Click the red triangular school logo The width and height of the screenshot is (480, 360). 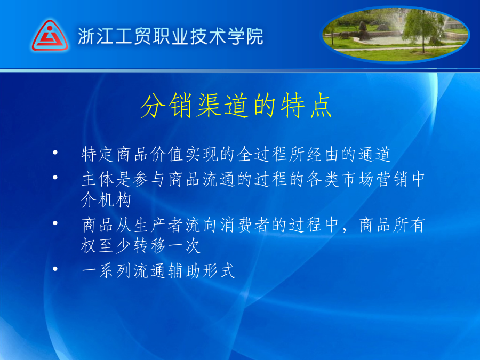[50, 36]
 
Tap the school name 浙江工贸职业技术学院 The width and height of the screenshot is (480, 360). [171, 36]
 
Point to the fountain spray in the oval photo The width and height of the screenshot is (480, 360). [390, 23]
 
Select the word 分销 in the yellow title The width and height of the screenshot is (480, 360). [169, 106]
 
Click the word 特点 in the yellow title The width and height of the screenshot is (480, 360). [306, 106]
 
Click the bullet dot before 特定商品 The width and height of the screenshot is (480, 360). [55, 152]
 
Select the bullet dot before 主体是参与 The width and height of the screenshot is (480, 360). [55, 177]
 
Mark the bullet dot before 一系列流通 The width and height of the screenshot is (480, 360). [55, 269]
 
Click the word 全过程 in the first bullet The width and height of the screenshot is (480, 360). [262, 154]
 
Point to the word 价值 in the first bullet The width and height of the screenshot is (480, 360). [167, 154]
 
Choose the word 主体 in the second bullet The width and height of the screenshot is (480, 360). [98, 179]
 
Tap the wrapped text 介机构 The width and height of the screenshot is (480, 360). [106, 200]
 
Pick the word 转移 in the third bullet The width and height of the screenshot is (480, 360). [150, 246]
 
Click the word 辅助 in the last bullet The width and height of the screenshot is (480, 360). [184, 271]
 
